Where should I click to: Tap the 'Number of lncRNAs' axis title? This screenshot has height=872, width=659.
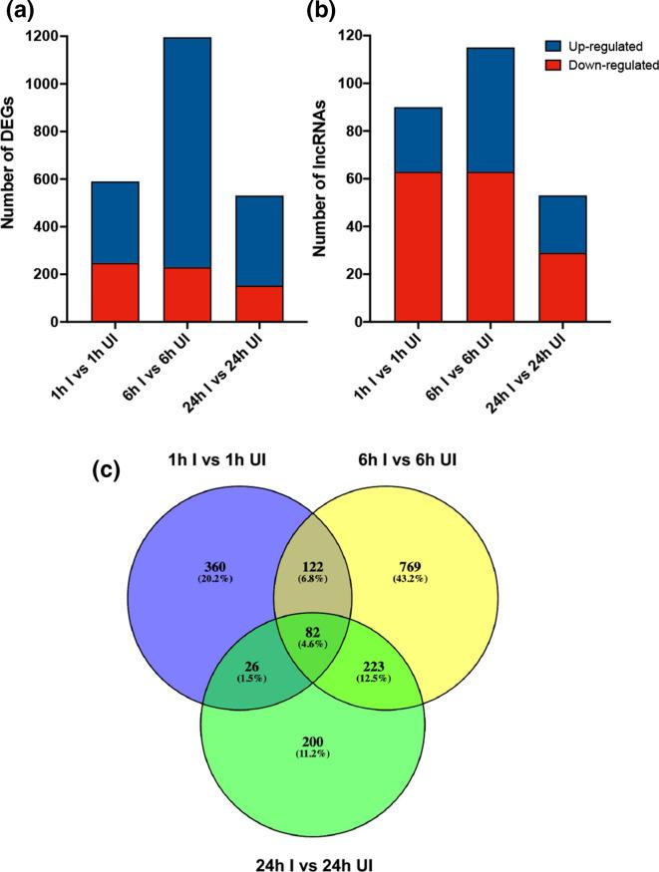point(322,179)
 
